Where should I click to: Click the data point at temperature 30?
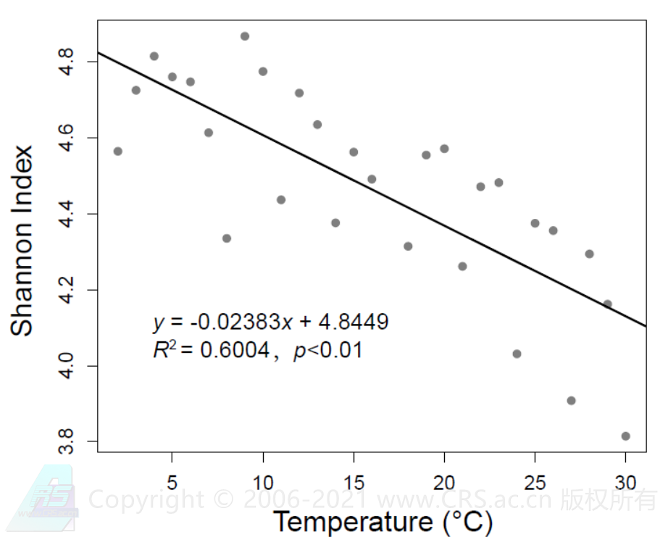tap(625, 436)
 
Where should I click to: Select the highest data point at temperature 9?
tap(245, 36)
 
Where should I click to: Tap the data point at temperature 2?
tap(118, 151)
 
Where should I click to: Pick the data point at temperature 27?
tap(571, 401)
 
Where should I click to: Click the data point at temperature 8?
tap(227, 238)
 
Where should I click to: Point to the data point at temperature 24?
tap(517, 354)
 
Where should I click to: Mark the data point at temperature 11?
tap(281, 200)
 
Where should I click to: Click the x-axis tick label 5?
tap(172, 482)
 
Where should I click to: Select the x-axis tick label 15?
tap(354, 482)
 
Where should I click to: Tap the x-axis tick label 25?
tap(535, 482)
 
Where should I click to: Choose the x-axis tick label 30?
tap(625, 482)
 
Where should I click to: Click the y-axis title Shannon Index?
tap(23, 241)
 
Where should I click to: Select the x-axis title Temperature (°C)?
tap(383, 521)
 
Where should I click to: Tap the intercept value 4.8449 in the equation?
tap(354, 322)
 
